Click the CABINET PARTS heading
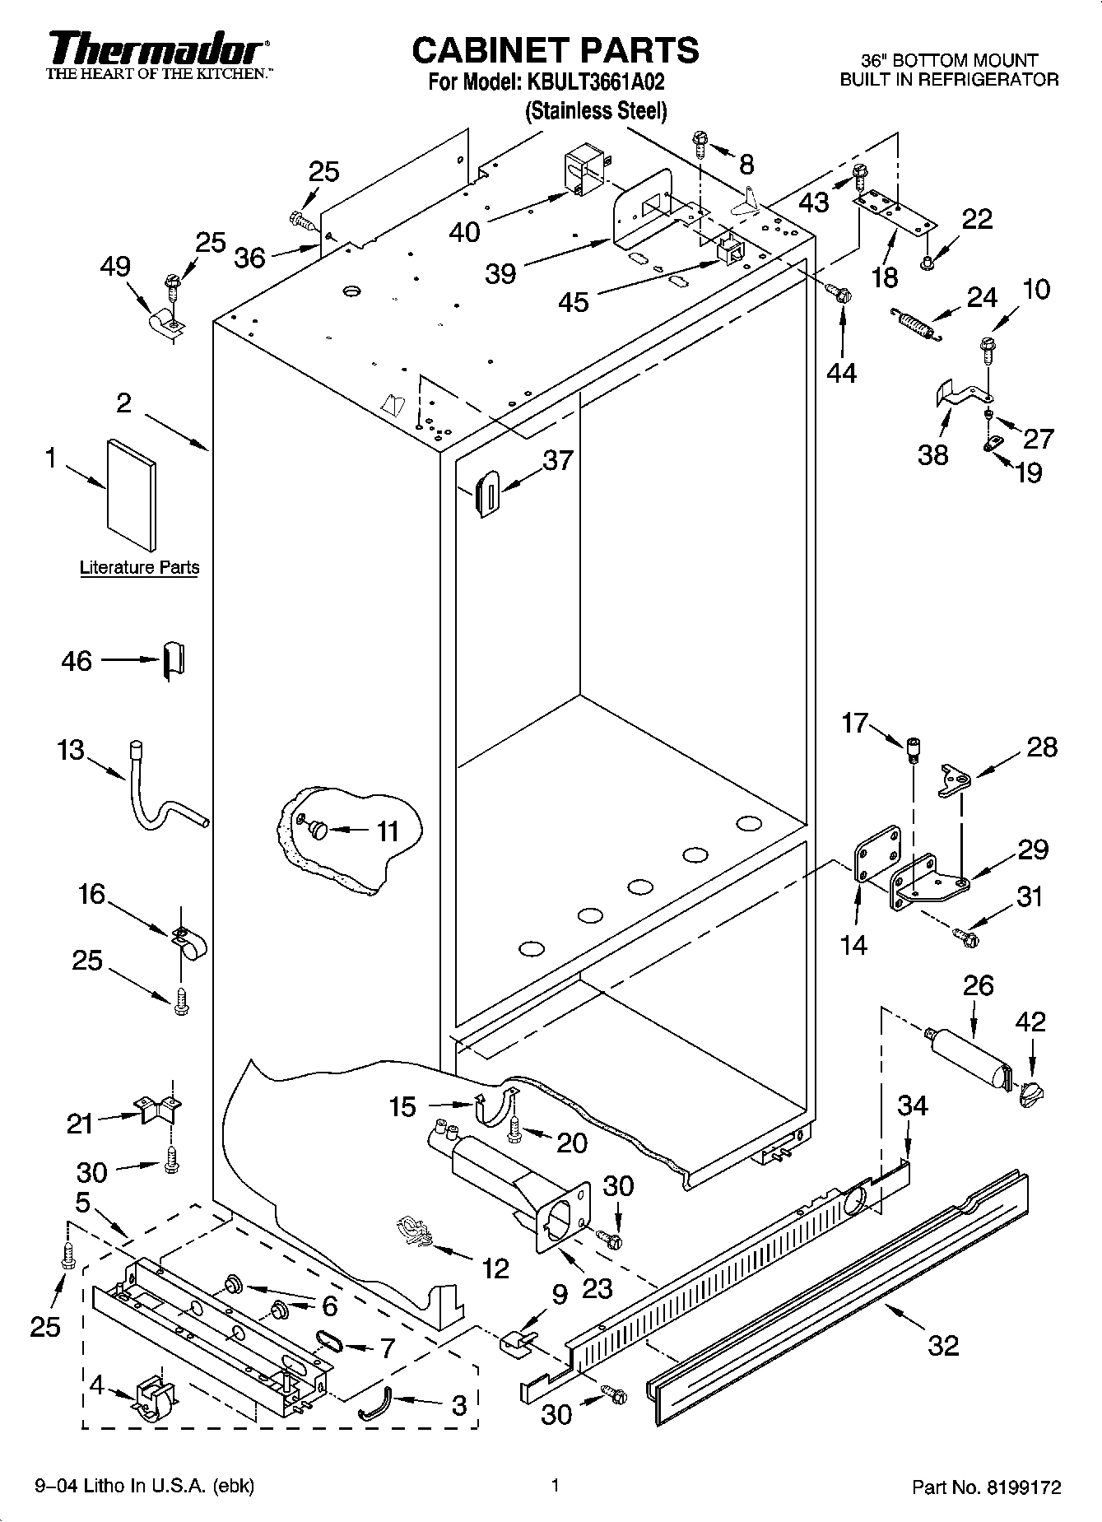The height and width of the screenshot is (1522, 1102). pos(555,51)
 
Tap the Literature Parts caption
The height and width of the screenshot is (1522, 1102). pos(139,567)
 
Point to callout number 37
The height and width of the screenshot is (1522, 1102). pos(557,460)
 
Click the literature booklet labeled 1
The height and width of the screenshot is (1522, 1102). pos(130,494)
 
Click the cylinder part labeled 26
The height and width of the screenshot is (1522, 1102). pos(969,1067)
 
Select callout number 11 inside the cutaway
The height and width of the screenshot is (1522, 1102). pos(387,831)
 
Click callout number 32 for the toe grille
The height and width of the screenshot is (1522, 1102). pos(944,1345)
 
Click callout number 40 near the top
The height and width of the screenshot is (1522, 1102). pos(464,231)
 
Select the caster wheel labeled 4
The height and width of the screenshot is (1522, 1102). pos(155,1398)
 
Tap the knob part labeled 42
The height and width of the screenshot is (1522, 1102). pos(1030,1093)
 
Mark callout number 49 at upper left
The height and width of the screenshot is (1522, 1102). pos(115,267)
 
